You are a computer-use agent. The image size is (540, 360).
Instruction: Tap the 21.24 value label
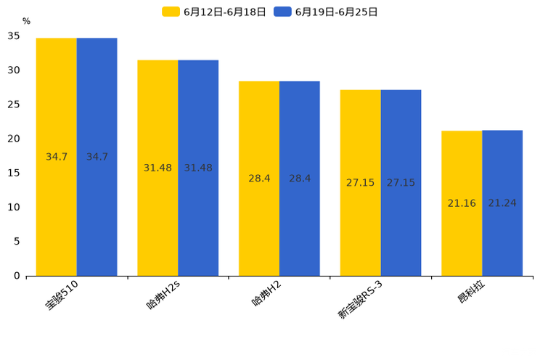[502, 203]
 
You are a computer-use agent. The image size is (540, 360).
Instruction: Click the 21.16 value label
[462, 203]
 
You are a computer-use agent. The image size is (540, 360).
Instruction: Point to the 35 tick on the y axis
[14, 36]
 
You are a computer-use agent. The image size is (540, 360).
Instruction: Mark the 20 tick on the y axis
[14, 139]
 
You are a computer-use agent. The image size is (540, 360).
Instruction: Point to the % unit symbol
[26, 22]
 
